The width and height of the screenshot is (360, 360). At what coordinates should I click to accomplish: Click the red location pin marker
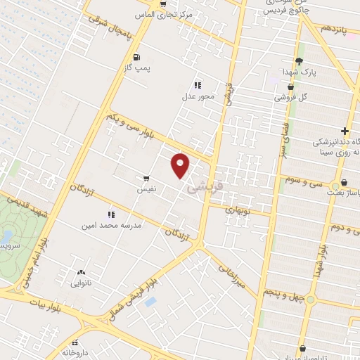coord(181,165)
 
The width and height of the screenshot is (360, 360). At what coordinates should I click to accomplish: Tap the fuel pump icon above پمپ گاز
coord(135,58)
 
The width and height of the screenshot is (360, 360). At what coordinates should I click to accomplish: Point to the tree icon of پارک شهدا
coord(300,61)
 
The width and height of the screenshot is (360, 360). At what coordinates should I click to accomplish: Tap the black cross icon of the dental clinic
coord(345,131)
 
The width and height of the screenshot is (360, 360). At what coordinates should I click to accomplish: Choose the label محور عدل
coord(193,95)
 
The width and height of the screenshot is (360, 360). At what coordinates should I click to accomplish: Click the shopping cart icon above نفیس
coord(146,178)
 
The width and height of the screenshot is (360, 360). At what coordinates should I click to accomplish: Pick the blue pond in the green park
coord(6,236)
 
